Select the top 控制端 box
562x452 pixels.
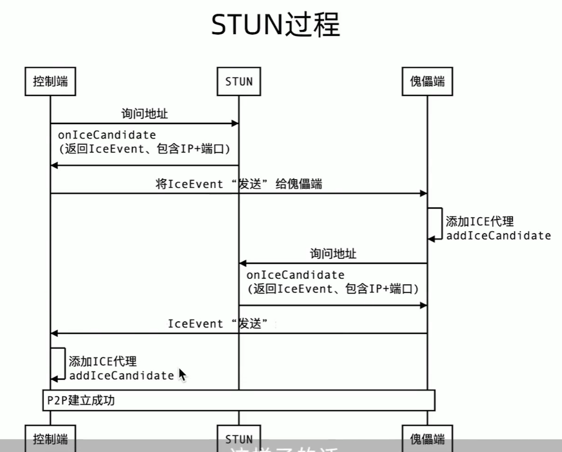coord(50,81)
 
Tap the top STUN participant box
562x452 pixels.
coord(239,81)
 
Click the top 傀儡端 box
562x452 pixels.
coord(427,81)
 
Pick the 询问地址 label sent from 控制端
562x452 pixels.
coord(144,114)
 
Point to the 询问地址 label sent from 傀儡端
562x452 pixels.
coord(333,253)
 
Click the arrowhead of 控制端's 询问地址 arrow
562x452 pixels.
coord(236,123)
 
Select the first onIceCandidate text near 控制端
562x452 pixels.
coord(107,135)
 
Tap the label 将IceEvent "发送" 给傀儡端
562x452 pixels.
coord(239,184)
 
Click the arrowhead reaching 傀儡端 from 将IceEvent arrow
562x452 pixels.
coord(424,193)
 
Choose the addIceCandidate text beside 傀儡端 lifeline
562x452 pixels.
coord(498,236)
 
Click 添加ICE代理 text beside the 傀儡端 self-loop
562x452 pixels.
coord(480,222)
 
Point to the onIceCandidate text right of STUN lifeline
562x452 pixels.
coord(295,275)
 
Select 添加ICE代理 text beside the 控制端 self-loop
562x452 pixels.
coord(103,361)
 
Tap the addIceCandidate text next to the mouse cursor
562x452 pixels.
coord(121,375)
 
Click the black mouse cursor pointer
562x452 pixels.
coord(182,374)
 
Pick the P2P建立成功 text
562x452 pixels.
coord(81,400)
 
